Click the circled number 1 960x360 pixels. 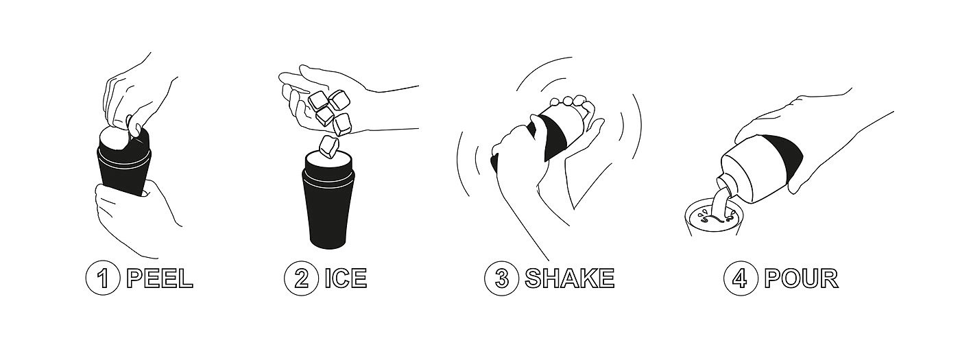click(x=103, y=278)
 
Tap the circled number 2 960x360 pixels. click(x=301, y=278)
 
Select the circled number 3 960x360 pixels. click(x=502, y=278)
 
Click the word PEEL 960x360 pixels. click(x=160, y=278)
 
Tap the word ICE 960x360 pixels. click(x=346, y=278)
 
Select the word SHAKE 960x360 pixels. click(x=570, y=278)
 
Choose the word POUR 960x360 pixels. click(x=802, y=278)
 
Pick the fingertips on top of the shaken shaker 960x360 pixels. click(x=570, y=101)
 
